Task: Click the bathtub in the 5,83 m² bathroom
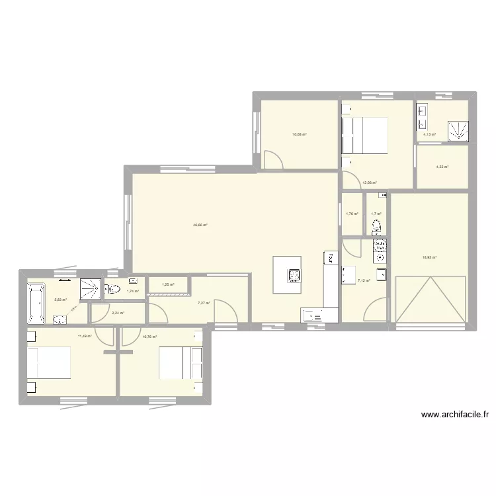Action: (34, 302)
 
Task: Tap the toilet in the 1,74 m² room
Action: (114, 289)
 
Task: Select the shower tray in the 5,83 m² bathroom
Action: (90, 288)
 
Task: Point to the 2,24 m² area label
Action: (118, 313)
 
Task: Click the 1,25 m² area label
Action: (168, 285)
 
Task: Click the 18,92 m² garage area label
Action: (429, 258)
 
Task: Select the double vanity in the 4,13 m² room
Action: (422, 116)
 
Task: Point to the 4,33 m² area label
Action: (442, 167)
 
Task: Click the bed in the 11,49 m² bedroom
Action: (48, 363)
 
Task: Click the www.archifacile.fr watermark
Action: (454, 415)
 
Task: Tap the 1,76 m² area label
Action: (351, 213)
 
